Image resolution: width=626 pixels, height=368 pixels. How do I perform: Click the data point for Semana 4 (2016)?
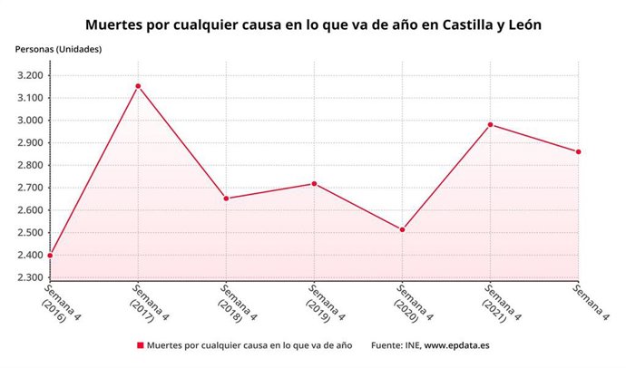pos(50,256)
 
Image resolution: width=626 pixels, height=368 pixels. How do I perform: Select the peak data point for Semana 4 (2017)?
pos(138,86)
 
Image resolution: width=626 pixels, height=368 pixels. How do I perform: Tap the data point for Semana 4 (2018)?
pos(226,199)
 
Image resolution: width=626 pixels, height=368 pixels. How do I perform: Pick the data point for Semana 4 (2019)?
pos(314,184)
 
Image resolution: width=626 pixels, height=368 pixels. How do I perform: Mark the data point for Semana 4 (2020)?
pos(402,229)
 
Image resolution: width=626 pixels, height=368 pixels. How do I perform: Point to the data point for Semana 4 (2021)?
pos(490,125)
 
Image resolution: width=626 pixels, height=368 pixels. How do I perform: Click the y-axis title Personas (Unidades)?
pos(57,48)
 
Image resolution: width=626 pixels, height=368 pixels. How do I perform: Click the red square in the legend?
pos(140,345)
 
